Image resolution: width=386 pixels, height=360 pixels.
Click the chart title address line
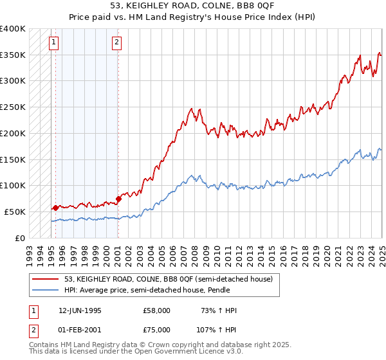click(x=192, y=6)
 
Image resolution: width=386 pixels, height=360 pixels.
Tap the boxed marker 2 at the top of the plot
click(x=116, y=43)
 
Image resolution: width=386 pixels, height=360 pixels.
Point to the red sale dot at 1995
click(x=55, y=207)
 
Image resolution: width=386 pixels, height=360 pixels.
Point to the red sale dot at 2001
click(x=118, y=199)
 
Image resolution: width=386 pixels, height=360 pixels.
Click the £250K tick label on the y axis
click(x=13, y=107)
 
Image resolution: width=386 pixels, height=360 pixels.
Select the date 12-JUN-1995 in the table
click(x=80, y=310)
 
